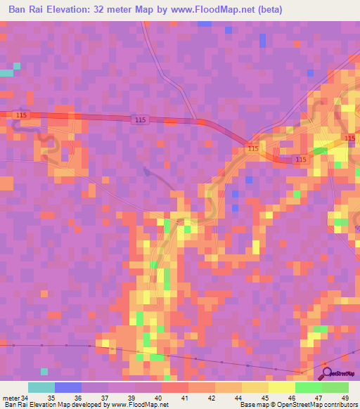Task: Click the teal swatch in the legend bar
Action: click(41, 388)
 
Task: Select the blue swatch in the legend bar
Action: click(67, 388)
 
